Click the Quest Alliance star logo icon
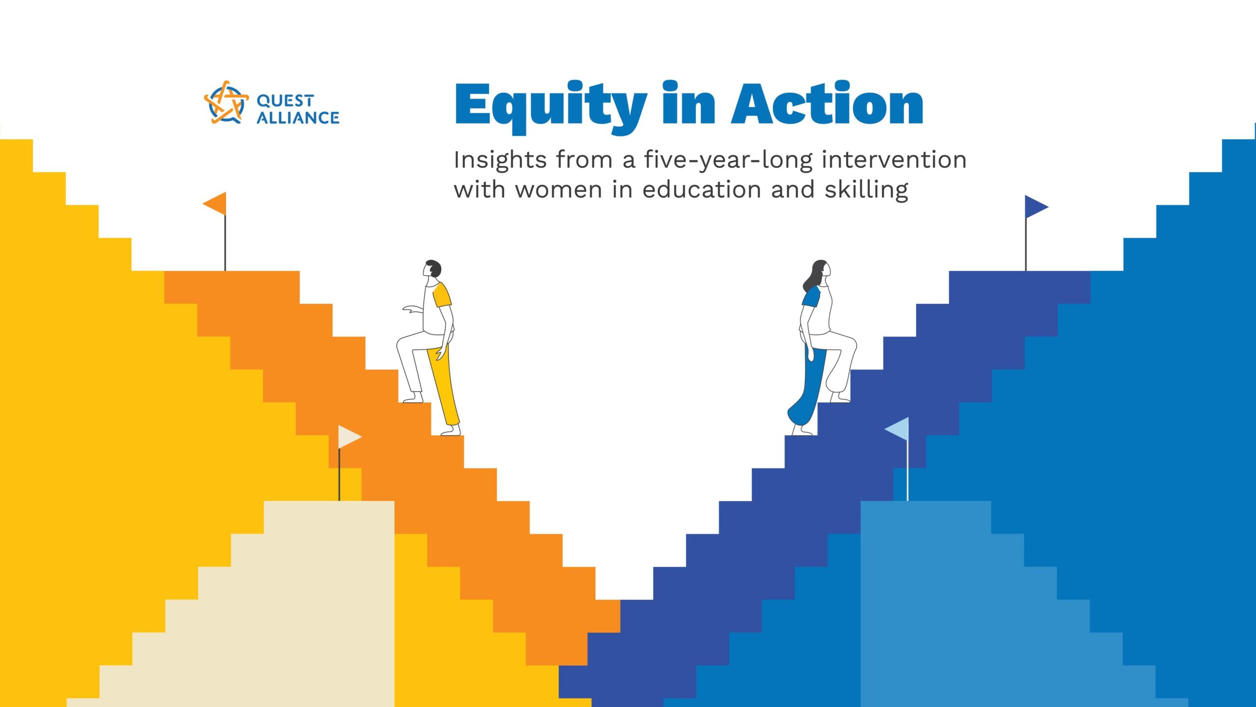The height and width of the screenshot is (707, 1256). tap(226, 103)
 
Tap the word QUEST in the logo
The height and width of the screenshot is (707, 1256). tap(285, 101)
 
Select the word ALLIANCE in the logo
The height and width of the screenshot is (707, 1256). tap(298, 118)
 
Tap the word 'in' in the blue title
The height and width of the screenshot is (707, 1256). tap(689, 103)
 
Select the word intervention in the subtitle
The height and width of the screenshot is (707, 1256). tap(894, 160)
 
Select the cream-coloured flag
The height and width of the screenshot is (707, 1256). tap(350, 437)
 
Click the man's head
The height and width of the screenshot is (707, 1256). tap(432, 269)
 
